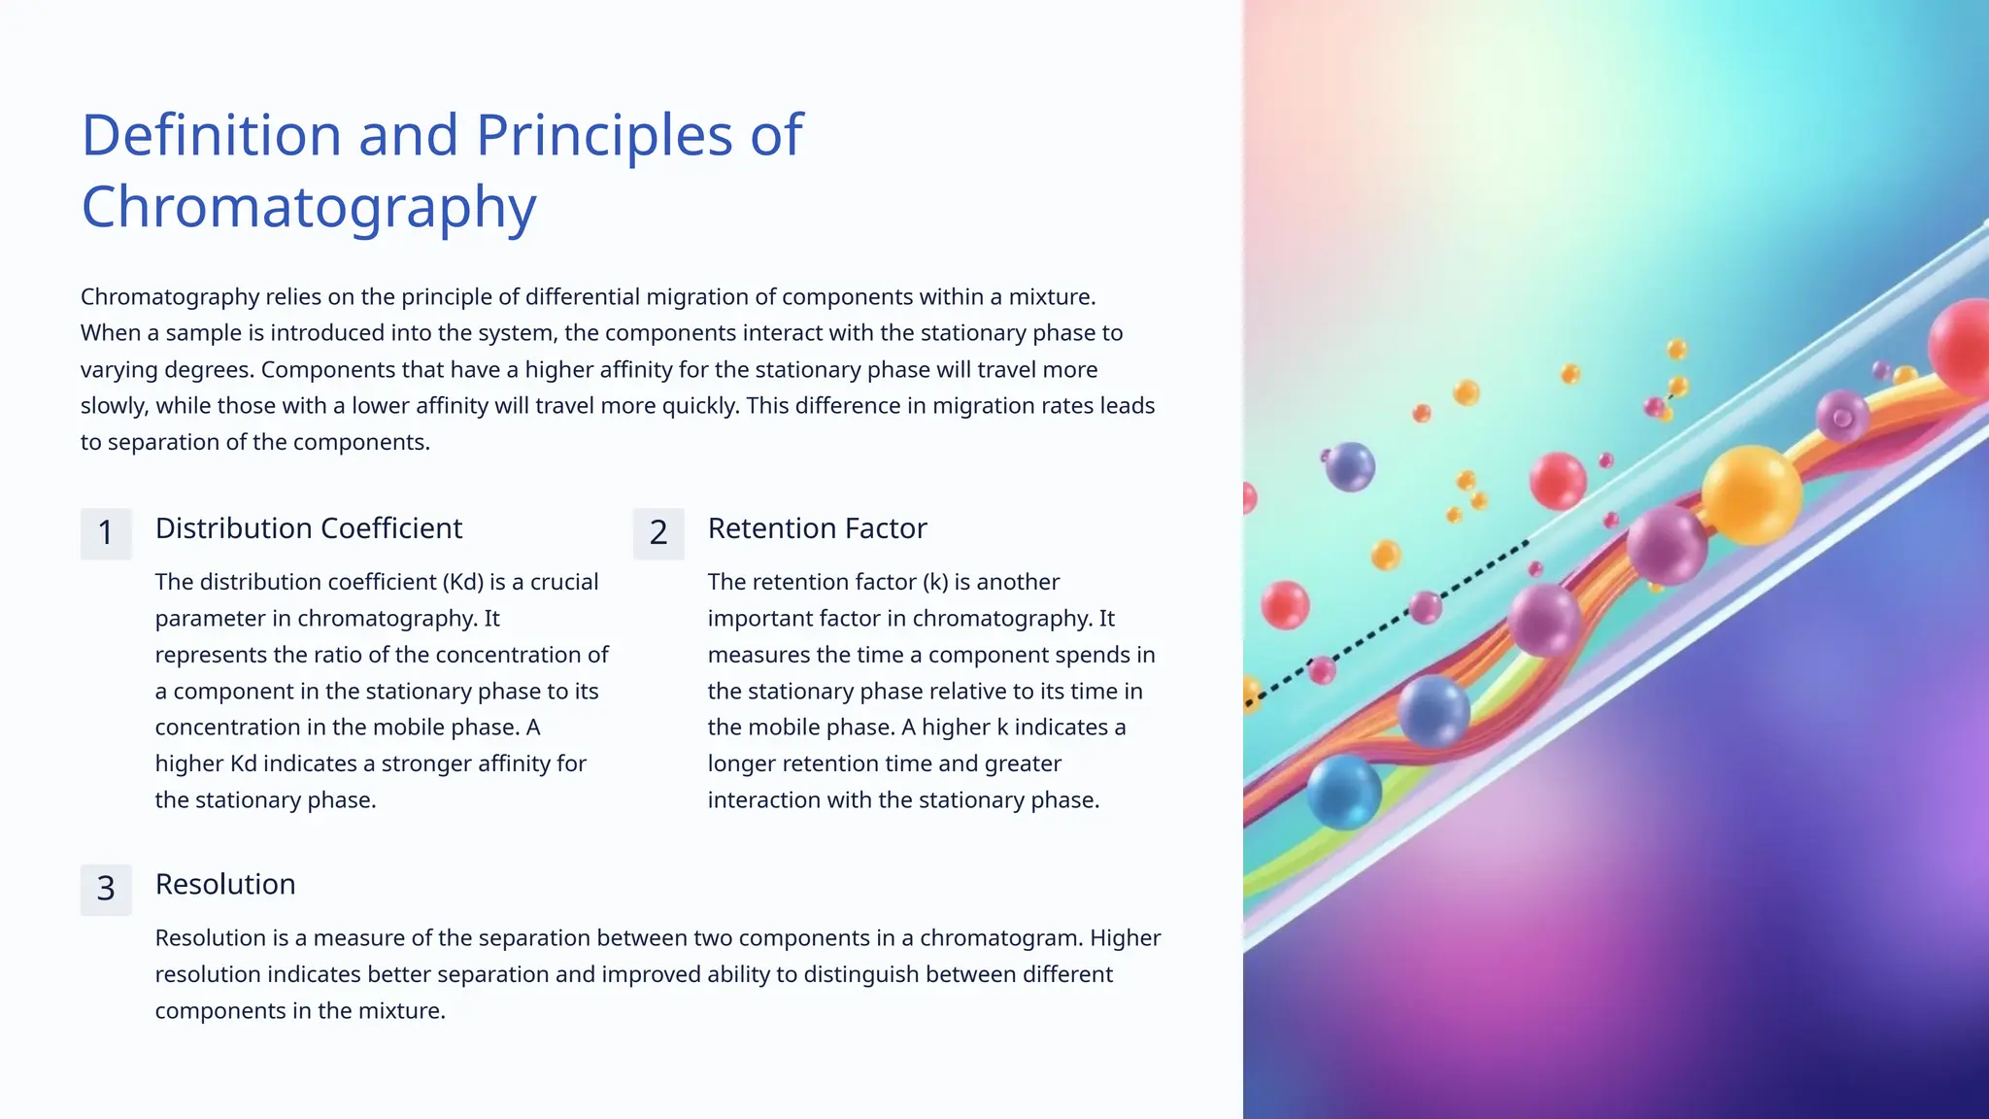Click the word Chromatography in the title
(x=309, y=207)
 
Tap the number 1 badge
(x=106, y=533)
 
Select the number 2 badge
(x=658, y=533)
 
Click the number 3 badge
(x=106, y=889)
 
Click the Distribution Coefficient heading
(x=309, y=528)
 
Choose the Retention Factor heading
(x=817, y=528)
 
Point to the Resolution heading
(x=225, y=884)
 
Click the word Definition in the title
(x=211, y=135)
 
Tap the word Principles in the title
(x=604, y=135)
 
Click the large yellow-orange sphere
(x=1751, y=494)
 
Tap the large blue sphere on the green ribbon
(x=1344, y=792)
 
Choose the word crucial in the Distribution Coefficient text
(x=564, y=582)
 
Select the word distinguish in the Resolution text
(x=860, y=974)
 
